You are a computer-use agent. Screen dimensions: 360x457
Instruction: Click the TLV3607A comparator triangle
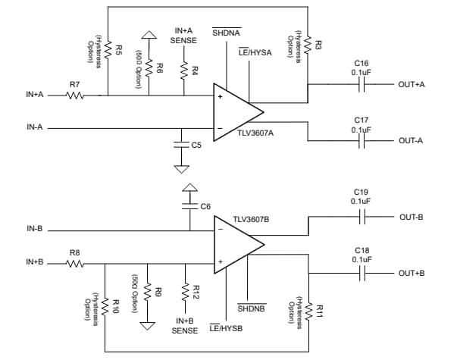pos(235,111)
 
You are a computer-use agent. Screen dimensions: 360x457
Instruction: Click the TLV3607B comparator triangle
pos(235,245)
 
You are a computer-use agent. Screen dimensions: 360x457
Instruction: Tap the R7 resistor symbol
pos(74,95)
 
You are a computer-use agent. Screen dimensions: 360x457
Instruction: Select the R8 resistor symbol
pos(74,264)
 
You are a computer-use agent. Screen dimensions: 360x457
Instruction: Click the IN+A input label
pos(35,95)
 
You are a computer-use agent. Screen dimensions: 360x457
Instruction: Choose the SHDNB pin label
pos(251,309)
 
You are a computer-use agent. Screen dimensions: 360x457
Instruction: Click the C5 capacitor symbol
pos(180,142)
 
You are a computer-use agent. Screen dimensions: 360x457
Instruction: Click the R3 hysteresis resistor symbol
pos(308,47)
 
